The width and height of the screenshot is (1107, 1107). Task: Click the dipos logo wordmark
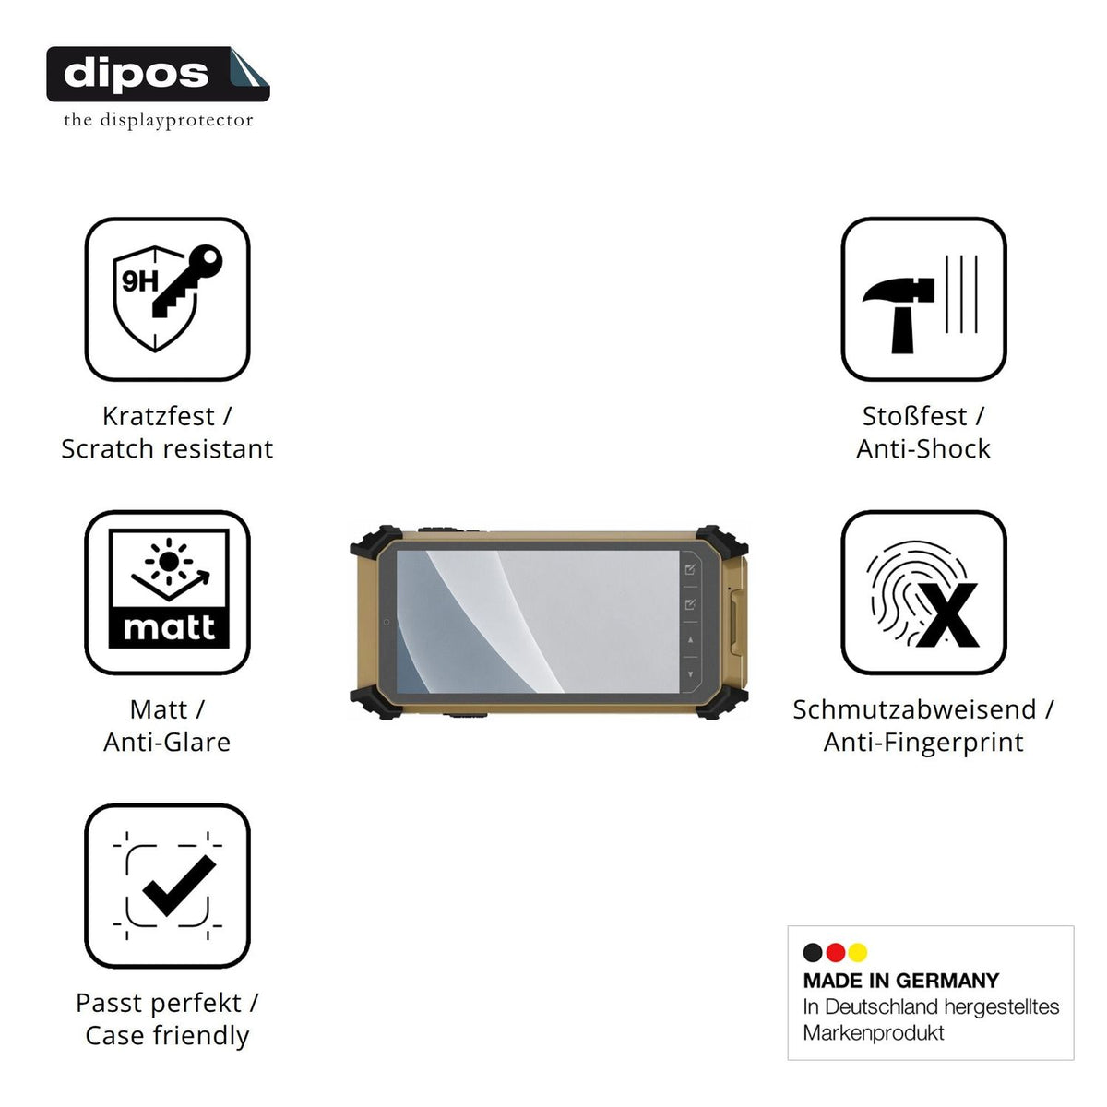136,74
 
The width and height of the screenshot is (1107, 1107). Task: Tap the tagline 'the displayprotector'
158,120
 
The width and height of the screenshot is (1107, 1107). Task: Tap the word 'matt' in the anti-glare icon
169,628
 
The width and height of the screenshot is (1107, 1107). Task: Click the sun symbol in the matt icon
168,561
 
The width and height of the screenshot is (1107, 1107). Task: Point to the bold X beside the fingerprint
947,615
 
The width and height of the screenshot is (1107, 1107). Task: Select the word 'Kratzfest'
158,416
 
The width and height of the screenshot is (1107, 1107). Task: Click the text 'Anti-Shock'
923,448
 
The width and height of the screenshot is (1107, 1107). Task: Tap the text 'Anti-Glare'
167,742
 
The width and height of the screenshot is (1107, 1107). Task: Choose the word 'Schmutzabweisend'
914,709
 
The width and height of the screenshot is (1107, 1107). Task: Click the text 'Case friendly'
167,1035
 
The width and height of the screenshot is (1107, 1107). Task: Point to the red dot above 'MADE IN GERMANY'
835,952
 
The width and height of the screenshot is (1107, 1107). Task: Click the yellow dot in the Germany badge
858,952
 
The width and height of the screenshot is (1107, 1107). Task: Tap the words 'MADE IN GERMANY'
900,981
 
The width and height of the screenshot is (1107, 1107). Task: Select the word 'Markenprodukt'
874,1033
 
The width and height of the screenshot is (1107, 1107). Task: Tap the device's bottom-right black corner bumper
722,704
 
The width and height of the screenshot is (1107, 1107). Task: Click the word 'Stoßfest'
914,416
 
